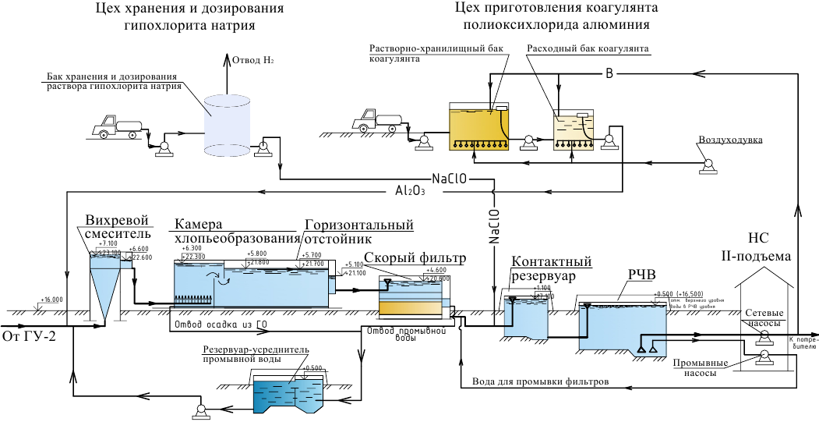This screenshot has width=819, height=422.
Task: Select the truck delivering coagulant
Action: (x=376, y=119)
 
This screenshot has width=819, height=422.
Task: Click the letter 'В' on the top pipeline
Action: (x=609, y=74)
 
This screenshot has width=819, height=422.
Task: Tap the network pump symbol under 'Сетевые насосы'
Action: (x=764, y=335)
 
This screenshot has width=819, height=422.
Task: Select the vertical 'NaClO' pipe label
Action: (x=493, y=226)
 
